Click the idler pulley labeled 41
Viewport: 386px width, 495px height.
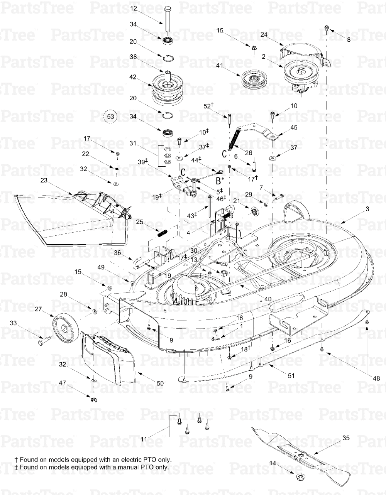[254, 80]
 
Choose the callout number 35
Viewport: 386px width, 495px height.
[345, 438]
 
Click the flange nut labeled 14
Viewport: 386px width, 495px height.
[301, 478]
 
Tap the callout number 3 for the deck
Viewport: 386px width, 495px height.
[367, 209]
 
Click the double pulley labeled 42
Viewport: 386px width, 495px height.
[166, 89]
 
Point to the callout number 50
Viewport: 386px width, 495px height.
[159, 383]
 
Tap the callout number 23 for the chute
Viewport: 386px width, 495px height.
[44, 180]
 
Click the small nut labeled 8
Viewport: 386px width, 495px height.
[327, 28]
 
